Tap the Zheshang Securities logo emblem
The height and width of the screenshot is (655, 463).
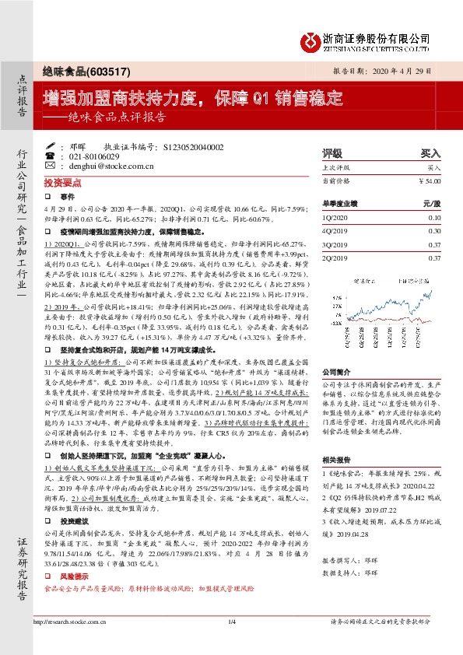coord(313,40)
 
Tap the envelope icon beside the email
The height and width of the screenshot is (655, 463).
coord(50,166)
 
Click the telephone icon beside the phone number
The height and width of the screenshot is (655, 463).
coord(50,156)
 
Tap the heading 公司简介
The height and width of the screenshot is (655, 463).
coord(335,351)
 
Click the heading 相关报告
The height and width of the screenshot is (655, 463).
coord(335,461)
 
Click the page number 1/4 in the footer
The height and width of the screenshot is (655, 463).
coord(231,643)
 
